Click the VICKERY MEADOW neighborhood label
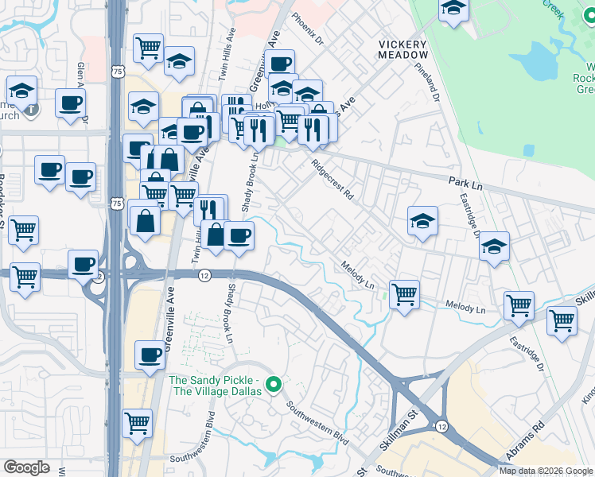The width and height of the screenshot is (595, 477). [403, 49]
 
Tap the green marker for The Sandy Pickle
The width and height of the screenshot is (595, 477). [274, 386]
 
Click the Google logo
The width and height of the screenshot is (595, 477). [27, 467]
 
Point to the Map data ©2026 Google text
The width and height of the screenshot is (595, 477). [545, 471]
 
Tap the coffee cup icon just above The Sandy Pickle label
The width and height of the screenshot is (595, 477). [149, 355]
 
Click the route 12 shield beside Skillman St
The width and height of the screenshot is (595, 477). [441, 427]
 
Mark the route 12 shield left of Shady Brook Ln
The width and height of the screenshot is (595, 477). [204, 275]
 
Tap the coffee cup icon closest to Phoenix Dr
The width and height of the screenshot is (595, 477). [280, 64]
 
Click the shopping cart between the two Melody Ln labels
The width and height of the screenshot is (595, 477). [405, 294]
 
